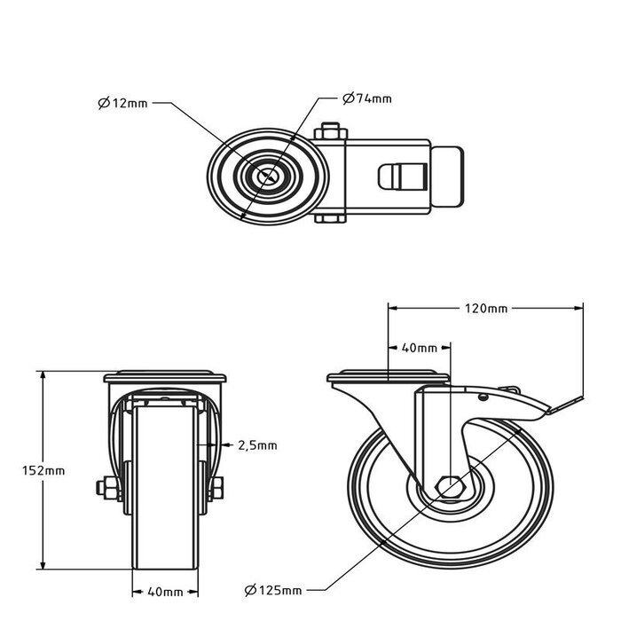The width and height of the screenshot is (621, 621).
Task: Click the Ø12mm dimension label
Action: [x=123, y=104]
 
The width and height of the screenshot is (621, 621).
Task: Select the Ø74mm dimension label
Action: [x=367, y=98]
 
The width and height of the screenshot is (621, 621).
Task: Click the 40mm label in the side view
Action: [x=420, y=349]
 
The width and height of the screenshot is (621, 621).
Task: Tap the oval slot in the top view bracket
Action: [x=392, y=177]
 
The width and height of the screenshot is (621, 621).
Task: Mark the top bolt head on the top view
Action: [x=331, y=130]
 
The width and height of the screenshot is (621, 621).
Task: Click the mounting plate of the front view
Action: [x=164, y=377]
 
